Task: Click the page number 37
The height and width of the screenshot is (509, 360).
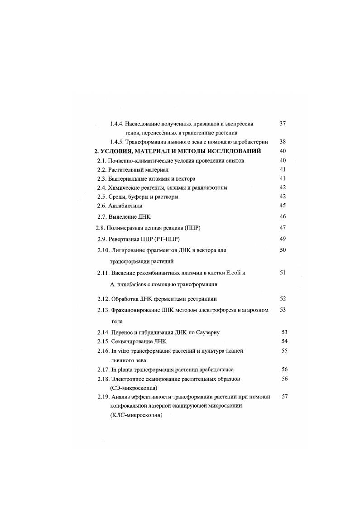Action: (283, 123)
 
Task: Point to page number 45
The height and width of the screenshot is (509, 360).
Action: (283, 206)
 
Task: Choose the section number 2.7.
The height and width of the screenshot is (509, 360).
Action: (102, 217)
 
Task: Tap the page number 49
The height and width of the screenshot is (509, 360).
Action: (283, 239)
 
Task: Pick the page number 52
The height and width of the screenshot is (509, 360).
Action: (283, 298)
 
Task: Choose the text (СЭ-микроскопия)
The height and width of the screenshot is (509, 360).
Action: (134, 388)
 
